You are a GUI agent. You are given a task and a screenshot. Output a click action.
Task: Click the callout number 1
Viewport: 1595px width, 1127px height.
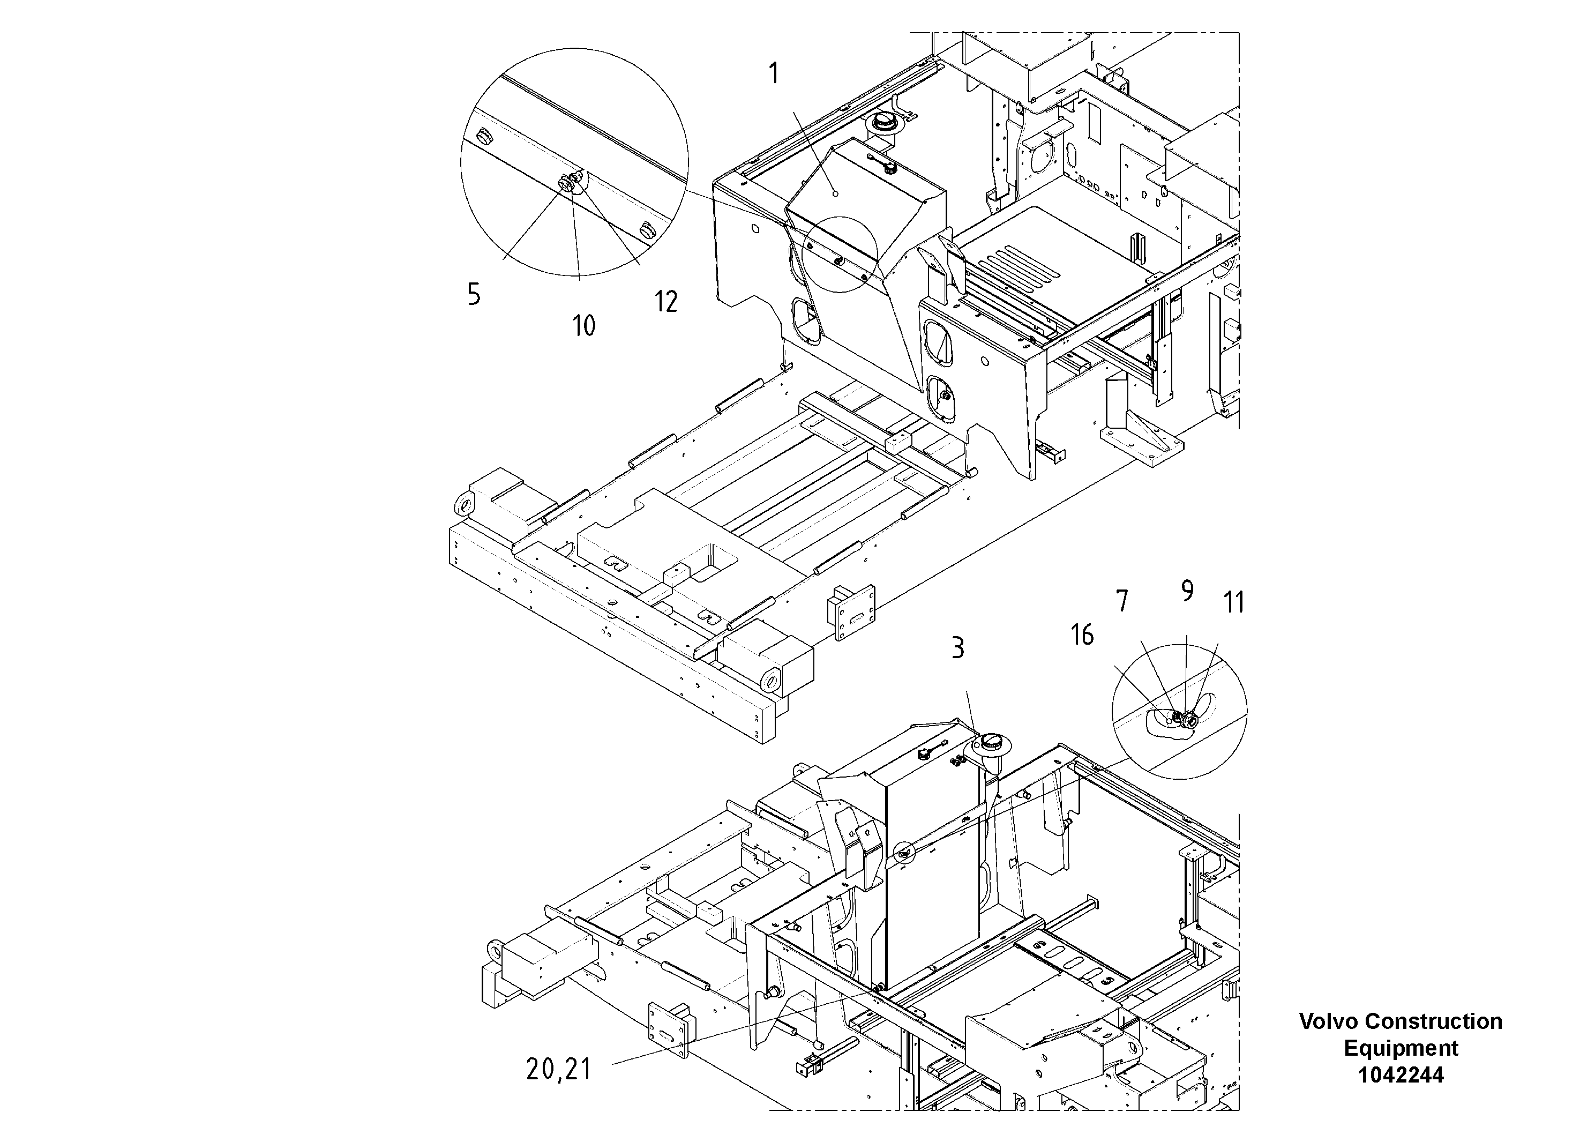point(774,73)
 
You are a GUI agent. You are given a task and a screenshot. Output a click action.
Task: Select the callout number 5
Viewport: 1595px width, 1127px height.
point(474,295)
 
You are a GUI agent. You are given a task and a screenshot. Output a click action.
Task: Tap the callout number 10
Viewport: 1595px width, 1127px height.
point(583,325)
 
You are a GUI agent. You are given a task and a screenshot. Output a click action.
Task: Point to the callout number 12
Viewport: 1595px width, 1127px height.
point(665,302)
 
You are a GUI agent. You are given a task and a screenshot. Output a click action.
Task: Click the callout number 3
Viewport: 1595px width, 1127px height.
point(957,648)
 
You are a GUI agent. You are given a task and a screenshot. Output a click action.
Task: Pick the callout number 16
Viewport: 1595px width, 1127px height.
point(1082,635)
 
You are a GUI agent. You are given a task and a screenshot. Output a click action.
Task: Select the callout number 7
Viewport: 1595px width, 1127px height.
point(1122,601)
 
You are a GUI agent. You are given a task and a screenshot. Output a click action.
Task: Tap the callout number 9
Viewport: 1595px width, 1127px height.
point(1187,591)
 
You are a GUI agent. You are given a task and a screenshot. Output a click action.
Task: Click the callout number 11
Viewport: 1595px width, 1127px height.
point(1234,602)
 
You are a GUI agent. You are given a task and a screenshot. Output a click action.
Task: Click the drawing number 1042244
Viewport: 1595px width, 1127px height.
point(1401,1075)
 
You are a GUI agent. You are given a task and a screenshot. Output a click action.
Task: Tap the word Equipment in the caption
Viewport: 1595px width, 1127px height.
point(1401,1048)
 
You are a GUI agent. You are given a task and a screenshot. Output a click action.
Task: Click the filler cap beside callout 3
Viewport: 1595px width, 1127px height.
point(991,745)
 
